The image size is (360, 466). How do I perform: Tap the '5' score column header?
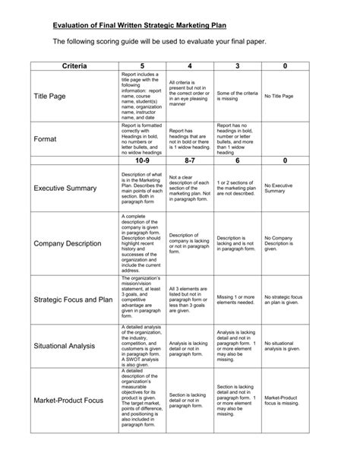(x=141, y=67)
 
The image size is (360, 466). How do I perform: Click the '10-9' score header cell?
(x=141, y=160)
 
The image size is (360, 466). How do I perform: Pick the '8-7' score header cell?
(x=190, y=160)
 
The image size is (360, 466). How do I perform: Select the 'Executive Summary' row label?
(x=66, y=187)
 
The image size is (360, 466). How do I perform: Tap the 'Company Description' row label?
(x=69, y=243)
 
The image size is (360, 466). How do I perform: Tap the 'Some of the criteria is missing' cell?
(x=237, y=97)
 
